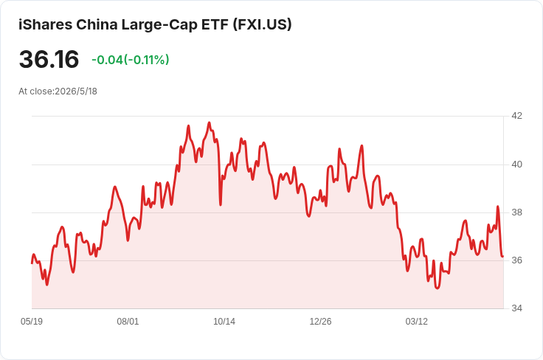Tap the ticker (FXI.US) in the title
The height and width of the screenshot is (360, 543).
[262, 24]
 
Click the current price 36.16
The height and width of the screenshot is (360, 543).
[49, 59]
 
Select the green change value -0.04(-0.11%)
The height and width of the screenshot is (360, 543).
[130, 60]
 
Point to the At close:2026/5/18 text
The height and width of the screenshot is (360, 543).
[58, 91]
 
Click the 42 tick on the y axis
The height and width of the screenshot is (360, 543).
[516, 116]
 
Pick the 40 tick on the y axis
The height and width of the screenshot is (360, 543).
[516, 165]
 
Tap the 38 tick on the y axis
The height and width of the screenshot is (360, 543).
[516, 212]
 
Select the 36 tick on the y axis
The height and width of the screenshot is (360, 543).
[516, 260]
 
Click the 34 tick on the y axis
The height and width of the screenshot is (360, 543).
[516, 308]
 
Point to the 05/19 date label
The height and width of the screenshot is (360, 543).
[32, 322]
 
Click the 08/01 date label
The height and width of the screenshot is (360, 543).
[128, 322]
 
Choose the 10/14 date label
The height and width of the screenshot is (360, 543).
[224, 322]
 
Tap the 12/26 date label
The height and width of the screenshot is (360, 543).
[320, 322]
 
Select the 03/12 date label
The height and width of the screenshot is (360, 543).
[417, 322]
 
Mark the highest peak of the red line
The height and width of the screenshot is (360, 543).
[209, 122]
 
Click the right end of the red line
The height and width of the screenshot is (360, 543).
[503, 257]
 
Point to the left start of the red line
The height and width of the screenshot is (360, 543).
[32, 263]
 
